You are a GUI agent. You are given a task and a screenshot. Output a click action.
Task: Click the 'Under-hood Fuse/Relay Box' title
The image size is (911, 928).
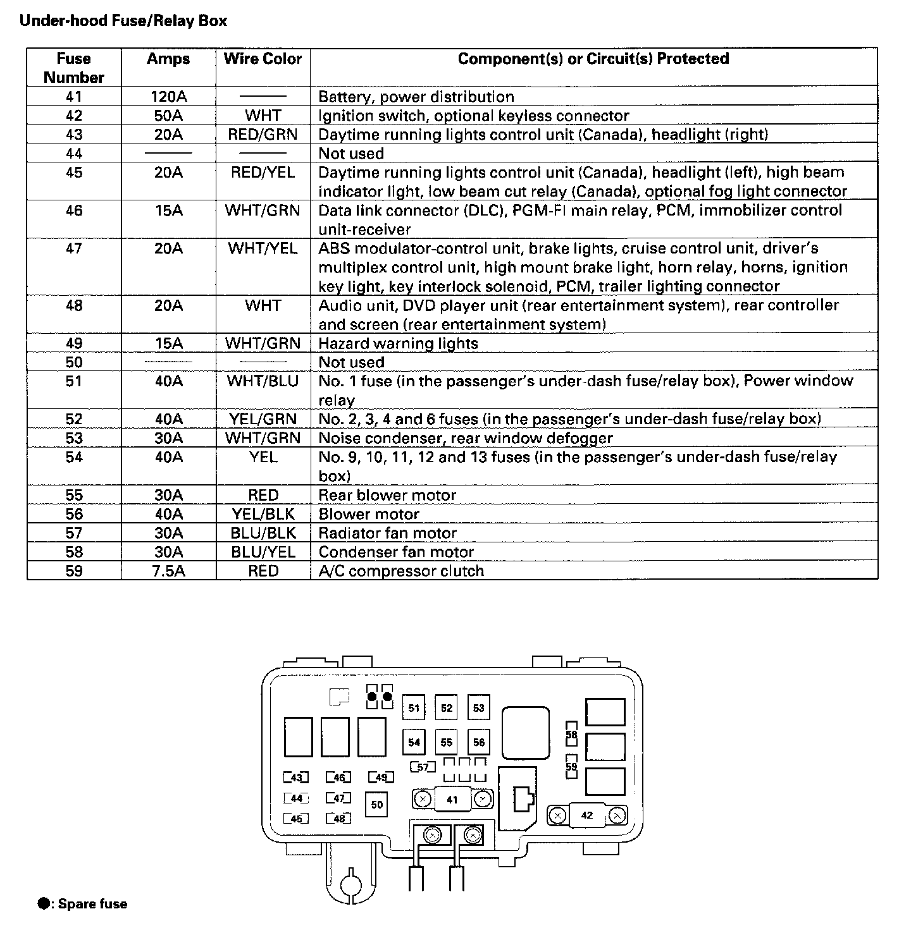[123, 21]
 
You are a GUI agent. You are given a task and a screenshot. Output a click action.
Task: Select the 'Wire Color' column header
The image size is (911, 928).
[263, 59]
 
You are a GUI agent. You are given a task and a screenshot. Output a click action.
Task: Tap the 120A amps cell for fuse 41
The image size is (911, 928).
[168, 97]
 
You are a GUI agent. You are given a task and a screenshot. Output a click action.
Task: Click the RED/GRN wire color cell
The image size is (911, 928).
[263, 135]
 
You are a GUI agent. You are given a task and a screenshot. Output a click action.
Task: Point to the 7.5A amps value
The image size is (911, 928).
[168, 571]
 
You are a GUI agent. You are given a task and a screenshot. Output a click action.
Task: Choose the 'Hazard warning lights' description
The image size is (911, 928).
[398, 343]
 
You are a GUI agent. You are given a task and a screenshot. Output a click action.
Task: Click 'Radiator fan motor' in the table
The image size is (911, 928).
[387, 533]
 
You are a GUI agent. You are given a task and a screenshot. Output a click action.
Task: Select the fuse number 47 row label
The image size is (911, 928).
[74, 248]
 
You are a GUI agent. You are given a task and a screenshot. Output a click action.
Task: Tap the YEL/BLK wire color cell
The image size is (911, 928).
[263, 514]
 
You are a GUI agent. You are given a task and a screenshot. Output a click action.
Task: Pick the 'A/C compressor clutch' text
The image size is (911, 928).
[401, 571]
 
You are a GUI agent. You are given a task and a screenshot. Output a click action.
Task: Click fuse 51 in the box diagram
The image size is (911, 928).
[414, 708]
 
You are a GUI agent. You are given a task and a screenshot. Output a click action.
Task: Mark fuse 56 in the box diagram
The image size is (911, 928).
[479, 742]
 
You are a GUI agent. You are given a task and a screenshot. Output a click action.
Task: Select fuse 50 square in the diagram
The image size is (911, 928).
[377, 805]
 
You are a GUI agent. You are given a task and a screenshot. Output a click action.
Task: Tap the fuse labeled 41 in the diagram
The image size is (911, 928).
[452, 800]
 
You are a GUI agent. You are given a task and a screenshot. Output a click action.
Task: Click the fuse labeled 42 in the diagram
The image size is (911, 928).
[586, 815]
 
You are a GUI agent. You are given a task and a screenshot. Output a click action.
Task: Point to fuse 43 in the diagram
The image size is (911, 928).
[296, 778]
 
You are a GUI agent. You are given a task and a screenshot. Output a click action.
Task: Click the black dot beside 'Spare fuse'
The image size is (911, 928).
[44, 904]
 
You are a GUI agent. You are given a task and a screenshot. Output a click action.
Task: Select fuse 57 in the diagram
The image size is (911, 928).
[423, 767]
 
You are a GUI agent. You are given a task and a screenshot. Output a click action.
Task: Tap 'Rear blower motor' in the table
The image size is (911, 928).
[387, 495]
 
